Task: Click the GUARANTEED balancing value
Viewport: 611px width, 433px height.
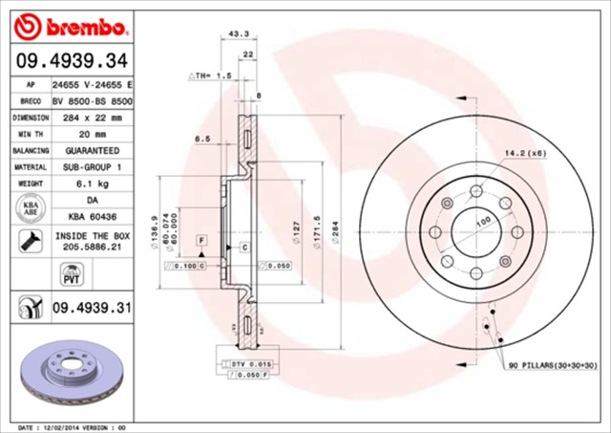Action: point(93,151)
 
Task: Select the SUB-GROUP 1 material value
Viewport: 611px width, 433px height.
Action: point(93,167)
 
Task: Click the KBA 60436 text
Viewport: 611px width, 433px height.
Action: point(93,218)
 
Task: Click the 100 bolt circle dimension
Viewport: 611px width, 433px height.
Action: point(483,221)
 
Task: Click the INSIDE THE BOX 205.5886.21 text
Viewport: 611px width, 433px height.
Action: point(93,241)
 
